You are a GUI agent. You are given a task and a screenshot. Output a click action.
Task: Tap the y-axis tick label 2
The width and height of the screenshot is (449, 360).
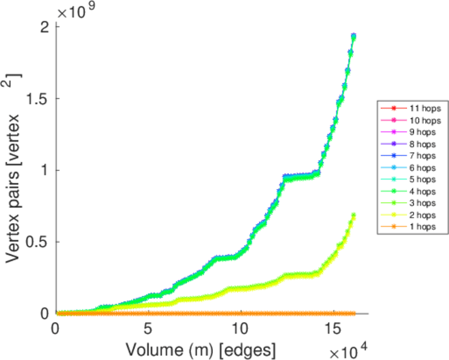pos(45,27)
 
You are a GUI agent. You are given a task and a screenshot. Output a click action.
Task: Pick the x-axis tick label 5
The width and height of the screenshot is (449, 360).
pos(148,329)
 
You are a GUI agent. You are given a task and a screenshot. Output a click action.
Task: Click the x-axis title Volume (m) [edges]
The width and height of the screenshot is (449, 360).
pos(200,348)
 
